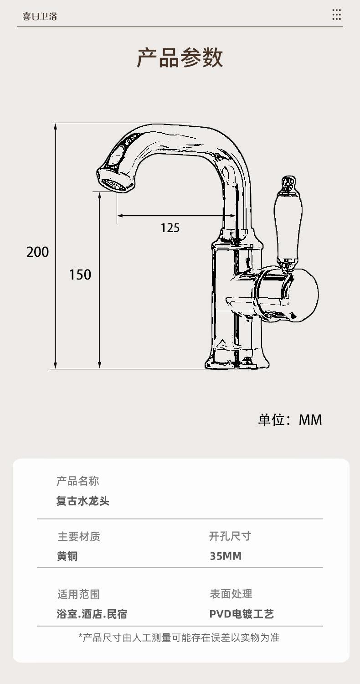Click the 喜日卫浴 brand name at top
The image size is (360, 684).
coord(40,16)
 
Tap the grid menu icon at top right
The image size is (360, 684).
coord(336,15)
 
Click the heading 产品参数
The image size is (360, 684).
coord(180,58)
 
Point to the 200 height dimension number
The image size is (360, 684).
coord(37,252)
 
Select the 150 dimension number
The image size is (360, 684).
coord(80,275)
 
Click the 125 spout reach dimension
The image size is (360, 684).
coord(170,227)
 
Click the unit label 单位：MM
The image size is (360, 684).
coord(290,420)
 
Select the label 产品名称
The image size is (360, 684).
coord(77,481)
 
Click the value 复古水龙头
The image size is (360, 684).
coord(83,501)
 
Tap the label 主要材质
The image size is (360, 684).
coord(79,537)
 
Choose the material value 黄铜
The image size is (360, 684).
coord(67,556)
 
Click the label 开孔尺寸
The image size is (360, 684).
coord(230,536)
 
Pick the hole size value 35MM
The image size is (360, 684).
coord(226,556)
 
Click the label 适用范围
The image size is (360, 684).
coord(78,594)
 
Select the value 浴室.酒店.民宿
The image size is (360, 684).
coord(92,614)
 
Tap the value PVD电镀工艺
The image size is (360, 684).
coord(242,614)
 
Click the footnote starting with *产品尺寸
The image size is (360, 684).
coord(179,637)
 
